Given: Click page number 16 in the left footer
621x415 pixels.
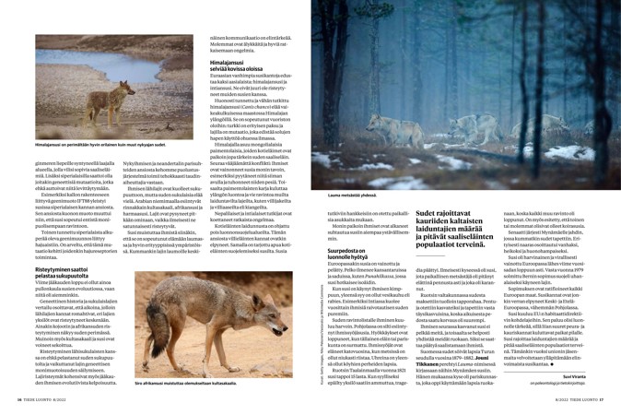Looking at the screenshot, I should (x=18, y=398).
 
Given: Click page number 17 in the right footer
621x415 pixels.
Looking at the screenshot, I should (x=601, y=398).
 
